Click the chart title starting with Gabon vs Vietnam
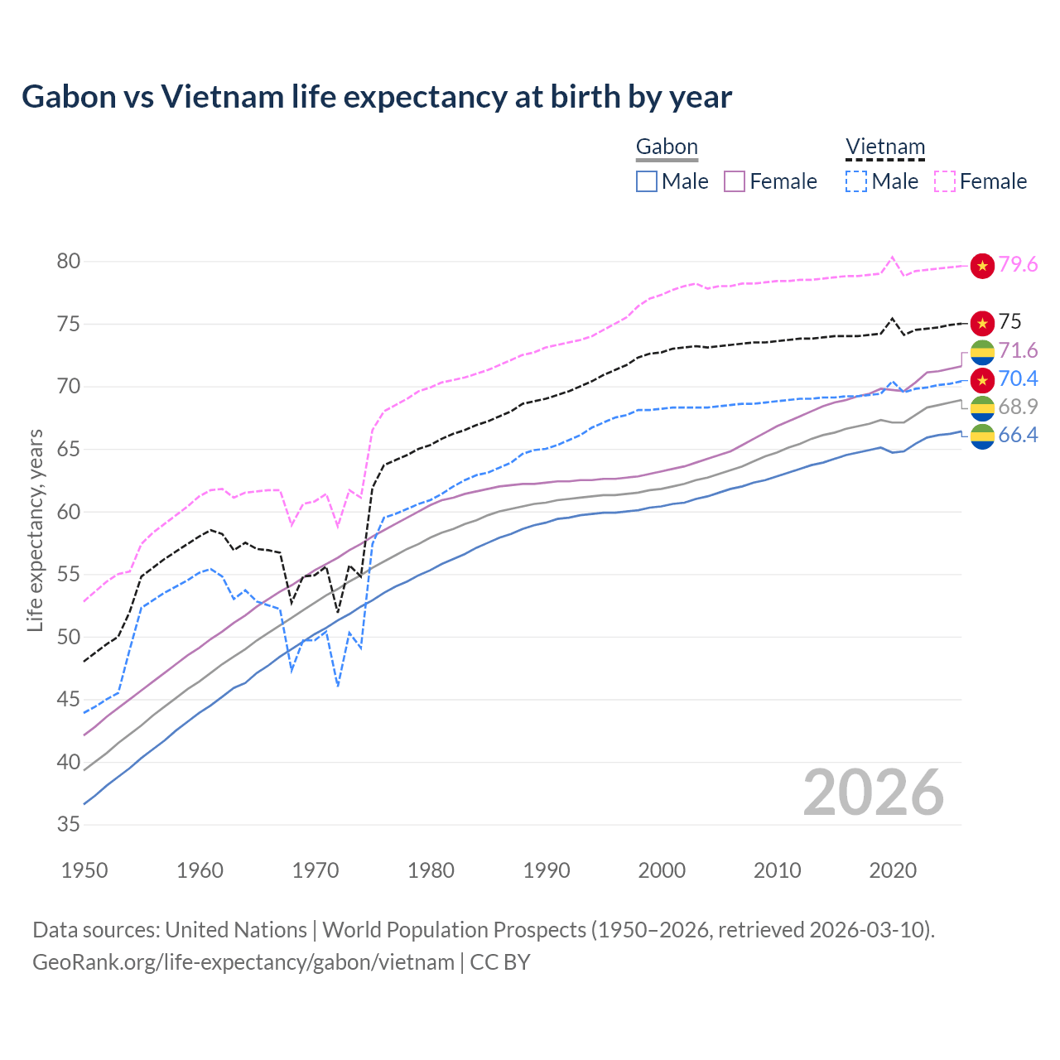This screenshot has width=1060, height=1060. coord(377,97)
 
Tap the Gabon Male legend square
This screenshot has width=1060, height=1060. coord(647,181)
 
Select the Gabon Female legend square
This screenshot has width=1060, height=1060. coord(735,181)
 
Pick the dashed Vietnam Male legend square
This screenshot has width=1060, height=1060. coord(856,181)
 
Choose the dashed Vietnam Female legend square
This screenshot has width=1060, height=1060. coord(945,181)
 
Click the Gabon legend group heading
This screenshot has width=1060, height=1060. coord(667,147)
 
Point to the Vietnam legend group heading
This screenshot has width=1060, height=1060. coord(884,147)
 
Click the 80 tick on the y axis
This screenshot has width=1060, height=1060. coord(69,262)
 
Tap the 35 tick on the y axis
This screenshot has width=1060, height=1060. coord(69,825)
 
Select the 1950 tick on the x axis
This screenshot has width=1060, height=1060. coord(84,870)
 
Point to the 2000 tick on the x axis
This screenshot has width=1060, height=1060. coord(662,870)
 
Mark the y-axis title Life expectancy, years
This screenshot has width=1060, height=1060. coord(35,530)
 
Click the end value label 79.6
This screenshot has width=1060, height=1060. coord(1018,265)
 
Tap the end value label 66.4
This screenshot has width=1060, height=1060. coord(1018,436)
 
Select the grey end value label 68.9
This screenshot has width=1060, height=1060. coord(1018,407)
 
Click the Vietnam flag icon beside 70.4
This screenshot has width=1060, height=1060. coord(982,380)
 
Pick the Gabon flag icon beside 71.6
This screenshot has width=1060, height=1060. coord(982,352)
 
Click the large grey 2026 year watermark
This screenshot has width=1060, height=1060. coord(874,793)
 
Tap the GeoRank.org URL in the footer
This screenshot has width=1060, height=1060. coord(243,962)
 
